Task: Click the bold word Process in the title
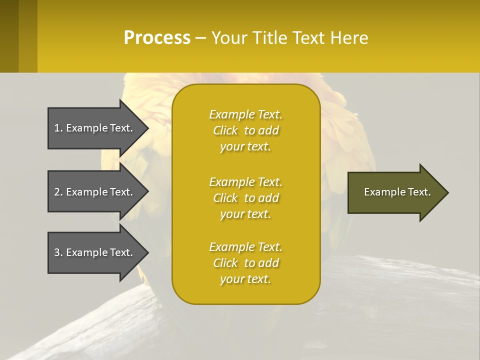pyautogui.click(x=157, y=38)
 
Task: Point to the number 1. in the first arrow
pyautogui.click(x=58, y=128)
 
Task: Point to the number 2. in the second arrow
pyautogui.click(x=58, y=192)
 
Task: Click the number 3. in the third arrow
pyautogui.click(x=58, y=252)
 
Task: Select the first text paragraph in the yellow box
pyautogui.click(x=245, y=130)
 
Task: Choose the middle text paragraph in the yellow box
pyautogui.click(x=245, y=198)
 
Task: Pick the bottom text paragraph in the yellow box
pyautogui.click(x=245, y=263)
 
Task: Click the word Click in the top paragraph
pyautogui.click(x=225, y=130)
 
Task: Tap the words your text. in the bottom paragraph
pyautogui.click(x=245, y=279)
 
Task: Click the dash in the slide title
pyautogui.click(x=200, y=38)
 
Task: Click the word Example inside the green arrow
pyautogui.click(x=382, y=192)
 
